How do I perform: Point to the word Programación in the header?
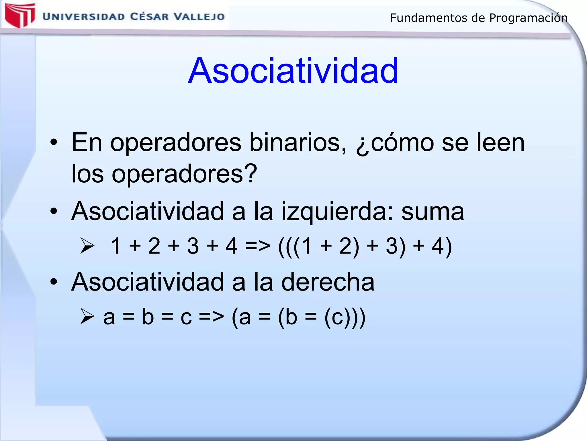(x=528, y=18)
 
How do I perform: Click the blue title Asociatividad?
(x=293, y=71)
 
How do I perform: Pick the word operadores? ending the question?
(x=184, y=174)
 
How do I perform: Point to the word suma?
(x=433, y=212)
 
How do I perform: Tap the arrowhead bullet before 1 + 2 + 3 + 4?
(x=87, y=246)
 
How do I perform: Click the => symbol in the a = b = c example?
(x=211, y=317)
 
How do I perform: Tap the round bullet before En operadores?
(x=54, y=142)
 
